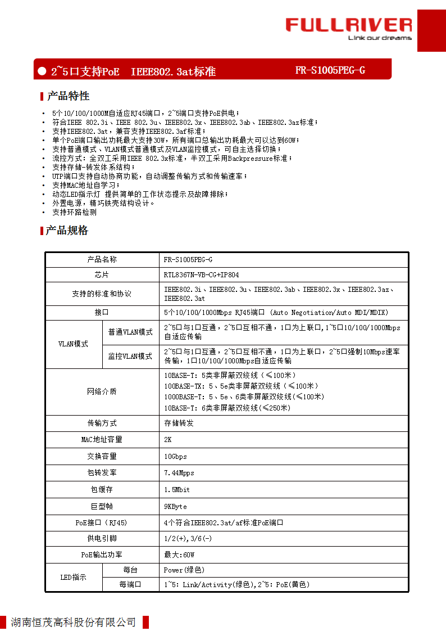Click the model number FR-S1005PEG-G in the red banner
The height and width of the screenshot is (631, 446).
(x=330, y=70)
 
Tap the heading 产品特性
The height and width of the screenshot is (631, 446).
(x=68, y=96)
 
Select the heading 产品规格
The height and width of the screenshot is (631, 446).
(x=67, y=230)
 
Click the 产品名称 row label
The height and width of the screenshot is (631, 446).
(x=102, y=259)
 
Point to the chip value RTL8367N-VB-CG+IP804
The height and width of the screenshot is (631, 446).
(x=201, y=275)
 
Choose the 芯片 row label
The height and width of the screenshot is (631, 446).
(x=102, y=275)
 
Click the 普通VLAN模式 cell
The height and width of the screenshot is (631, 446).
(x=130, y=332)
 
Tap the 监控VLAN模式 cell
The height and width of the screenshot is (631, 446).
(x=130, y=356)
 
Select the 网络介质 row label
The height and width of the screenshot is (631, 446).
(x=102, y=391)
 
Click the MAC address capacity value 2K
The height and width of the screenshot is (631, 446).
(x=168, y=439)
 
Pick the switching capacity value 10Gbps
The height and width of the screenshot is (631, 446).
(x=175, y=456)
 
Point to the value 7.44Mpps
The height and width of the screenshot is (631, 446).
(x=179, y=473)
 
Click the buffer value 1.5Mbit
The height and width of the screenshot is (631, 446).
(x=177, y=490)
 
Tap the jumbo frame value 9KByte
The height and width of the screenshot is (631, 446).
(x=175, y=506)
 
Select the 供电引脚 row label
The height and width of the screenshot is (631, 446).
(x=102, y=538)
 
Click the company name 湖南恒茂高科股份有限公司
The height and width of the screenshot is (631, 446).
(x=73, y=622)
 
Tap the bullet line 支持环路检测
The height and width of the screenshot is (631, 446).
(x=74, y=212)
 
